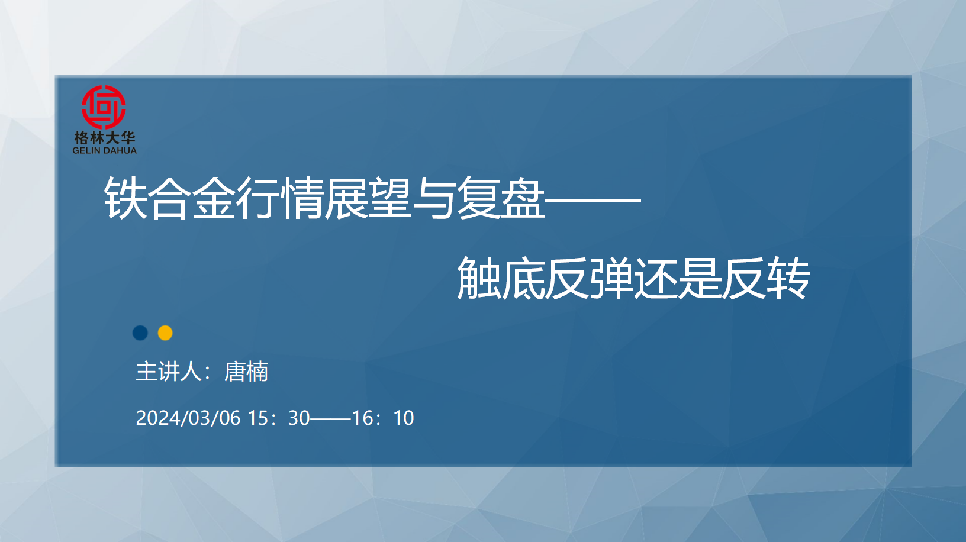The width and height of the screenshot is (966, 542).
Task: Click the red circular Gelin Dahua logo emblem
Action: click(x=104, y=107)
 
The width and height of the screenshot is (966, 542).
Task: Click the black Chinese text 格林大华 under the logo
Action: click(x=105, y=138)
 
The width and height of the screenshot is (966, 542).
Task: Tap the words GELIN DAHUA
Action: click(x=104, y=150)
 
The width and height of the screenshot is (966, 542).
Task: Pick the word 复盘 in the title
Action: click(x=500, y=198)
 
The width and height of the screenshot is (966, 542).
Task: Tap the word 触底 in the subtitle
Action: click(x=501, y=278)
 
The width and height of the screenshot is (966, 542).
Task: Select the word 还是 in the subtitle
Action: click(x=678, y=278)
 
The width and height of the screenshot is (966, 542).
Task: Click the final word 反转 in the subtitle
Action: click(x=766, y=278)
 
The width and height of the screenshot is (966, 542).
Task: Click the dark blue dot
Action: click(x=140, y=333)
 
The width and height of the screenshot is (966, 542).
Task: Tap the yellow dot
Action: click(x=165, y=333)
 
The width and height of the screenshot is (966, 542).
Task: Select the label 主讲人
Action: click(x=169, y=371)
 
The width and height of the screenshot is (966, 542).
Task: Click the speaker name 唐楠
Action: click(x=246, y=371)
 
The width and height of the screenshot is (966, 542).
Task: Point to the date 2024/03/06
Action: click(x=188, y=418)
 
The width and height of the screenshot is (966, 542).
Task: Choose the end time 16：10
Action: click(x=383, y=418)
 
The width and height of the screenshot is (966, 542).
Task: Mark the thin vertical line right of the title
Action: click(x=851, y=193)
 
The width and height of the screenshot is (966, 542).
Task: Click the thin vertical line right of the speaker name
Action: click(x=851, y=370)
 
